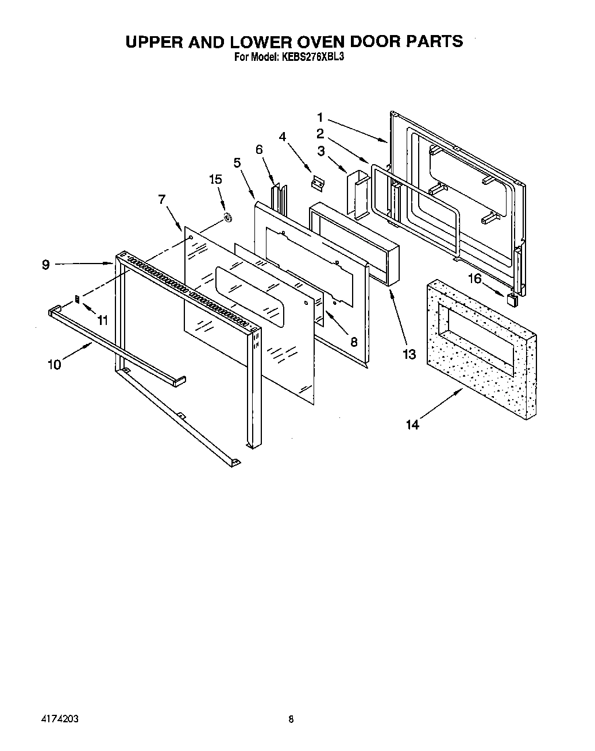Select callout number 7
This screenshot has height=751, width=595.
click(x=162, y=199)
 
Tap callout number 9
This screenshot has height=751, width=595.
click(x=46, y=265)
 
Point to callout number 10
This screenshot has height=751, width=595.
click(x=54, y=364)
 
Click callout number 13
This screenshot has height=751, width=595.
click(x=408, y=354)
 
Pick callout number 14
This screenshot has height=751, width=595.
click(x=412, y=424)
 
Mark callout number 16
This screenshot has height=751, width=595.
click(x=474, y=280)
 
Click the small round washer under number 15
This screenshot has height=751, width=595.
click(x=227, y=217)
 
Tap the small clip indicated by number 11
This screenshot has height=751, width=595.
click(x=78, y=299)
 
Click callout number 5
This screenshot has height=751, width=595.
click(x=237, y=162)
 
